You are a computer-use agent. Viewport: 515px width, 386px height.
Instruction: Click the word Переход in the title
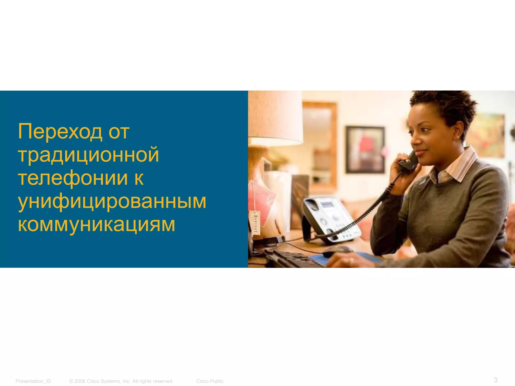click(60, 131)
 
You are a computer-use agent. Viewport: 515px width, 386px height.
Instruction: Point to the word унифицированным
click(112, 201)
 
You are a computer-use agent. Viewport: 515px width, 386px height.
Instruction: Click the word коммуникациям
click(97, 224)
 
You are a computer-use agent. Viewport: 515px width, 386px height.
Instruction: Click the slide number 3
click(495, 379)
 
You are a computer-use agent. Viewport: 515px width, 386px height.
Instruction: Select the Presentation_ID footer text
click(33, 381)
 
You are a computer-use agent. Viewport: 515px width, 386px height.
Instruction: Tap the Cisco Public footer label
click(210, 381)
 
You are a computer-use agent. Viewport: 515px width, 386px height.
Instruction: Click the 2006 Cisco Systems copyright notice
click(121, 381)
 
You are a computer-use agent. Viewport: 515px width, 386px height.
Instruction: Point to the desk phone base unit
click(329, 219)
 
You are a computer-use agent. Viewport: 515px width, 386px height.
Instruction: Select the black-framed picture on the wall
click(365, 150)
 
